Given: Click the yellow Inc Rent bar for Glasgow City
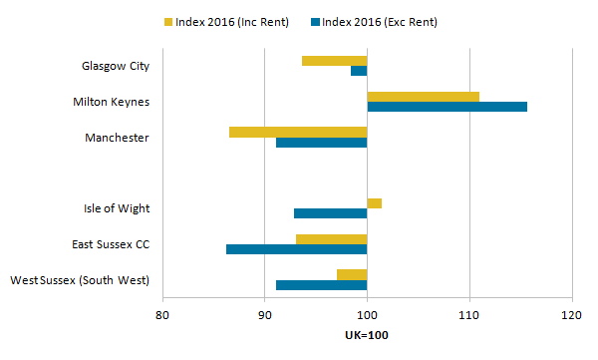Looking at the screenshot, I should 334,61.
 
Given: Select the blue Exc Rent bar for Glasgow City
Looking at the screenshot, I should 359,71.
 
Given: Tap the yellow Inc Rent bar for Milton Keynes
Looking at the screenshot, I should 423,97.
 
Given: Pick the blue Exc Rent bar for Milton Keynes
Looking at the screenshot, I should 447,107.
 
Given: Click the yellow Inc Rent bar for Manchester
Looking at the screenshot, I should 298,132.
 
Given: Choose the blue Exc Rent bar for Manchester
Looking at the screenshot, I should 321,143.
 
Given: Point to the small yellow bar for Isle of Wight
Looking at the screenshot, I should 374,203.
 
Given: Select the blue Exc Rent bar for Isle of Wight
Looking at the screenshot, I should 330,213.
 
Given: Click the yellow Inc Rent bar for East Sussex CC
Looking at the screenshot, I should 331,239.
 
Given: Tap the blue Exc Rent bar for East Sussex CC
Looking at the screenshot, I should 296,249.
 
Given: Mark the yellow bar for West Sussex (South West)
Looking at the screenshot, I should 352,274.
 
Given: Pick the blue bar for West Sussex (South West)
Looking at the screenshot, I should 321,285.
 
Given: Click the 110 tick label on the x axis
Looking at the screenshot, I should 468,315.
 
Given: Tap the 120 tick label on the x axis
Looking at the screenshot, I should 571,315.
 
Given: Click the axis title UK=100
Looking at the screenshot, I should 367,335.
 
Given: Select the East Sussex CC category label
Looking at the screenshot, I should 110,244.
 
